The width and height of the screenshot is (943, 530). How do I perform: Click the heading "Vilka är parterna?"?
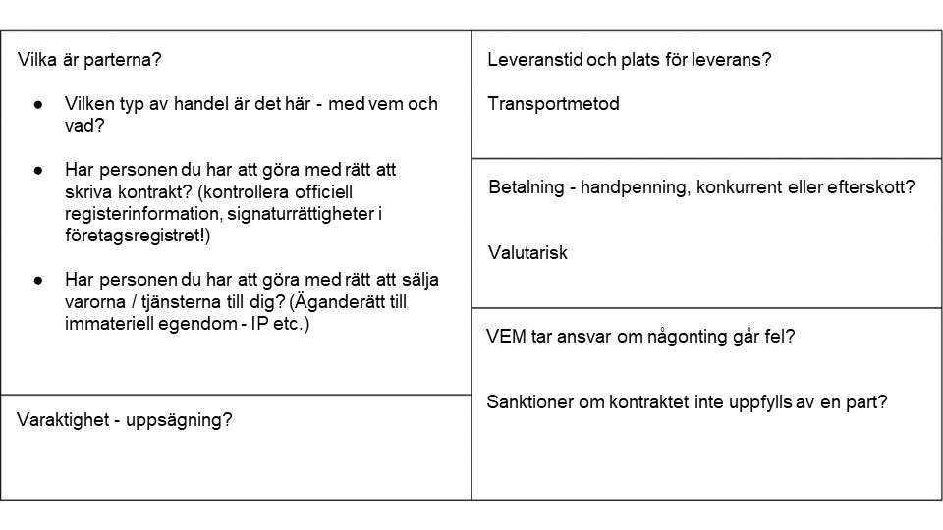(89, 59)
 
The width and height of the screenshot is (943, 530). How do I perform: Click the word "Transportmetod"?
(553, 104)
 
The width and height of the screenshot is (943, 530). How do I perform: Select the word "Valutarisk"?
(527, 253)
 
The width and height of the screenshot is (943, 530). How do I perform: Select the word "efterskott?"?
(869, 188)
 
